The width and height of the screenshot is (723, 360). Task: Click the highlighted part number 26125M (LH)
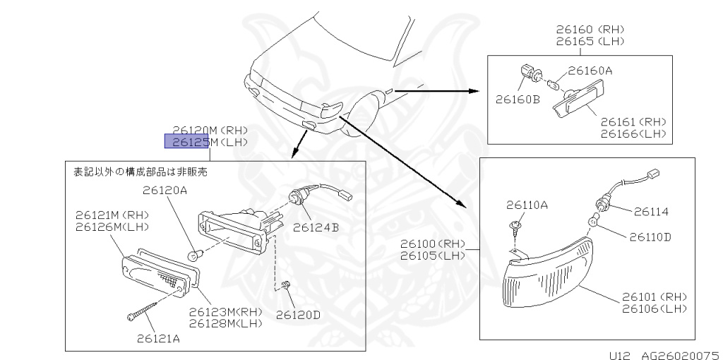(188, 143)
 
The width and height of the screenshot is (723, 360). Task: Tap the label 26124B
(315, 227)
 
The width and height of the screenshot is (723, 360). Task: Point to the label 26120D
(298, 314)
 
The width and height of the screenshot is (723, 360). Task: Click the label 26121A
(158, 338)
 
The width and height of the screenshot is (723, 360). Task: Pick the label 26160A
(590, 71)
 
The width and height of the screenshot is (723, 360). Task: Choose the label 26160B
(518, 100)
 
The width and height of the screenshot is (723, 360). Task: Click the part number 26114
(650, 211)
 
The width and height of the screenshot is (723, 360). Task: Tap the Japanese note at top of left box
(141, 172)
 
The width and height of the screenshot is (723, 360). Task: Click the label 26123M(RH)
(225, 311)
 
